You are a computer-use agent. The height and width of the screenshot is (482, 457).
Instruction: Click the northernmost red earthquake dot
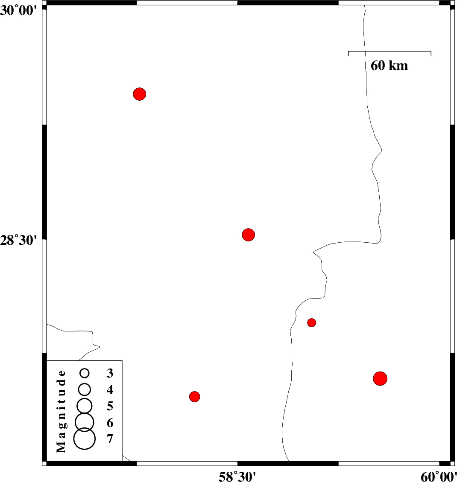(x=139, y=94)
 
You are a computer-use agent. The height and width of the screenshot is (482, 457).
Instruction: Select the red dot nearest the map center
(x=248, y=235)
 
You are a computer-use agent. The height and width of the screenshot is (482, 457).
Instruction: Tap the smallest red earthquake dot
(x=311, y=322)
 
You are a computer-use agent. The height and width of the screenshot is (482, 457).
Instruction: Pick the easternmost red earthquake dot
(x=380, y=378)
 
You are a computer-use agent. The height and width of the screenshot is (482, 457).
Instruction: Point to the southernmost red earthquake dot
(x=194, y=397)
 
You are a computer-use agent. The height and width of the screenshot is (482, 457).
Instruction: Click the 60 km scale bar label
(x=389, y=66)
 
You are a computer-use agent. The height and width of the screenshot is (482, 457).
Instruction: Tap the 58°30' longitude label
(x=237, y=476)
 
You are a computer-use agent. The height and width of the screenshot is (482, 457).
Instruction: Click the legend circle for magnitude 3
(x=84, y=373)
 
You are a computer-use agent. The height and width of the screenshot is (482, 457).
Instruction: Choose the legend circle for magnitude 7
(x=85, y=438)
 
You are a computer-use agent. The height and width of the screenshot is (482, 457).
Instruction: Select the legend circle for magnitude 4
(x=84, y=389)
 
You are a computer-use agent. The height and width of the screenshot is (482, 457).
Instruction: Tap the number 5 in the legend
(x=110, y=406)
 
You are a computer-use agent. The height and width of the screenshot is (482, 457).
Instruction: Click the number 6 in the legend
(x=110, y=423)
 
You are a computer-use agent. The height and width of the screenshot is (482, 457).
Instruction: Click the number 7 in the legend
(x=110, y=439)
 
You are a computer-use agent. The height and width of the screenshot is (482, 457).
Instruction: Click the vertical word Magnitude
(x=61, y=411)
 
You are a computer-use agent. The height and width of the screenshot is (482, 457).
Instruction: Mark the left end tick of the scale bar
(x=349, y=53)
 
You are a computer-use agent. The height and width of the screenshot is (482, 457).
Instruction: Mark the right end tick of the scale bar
(x=431, y=53)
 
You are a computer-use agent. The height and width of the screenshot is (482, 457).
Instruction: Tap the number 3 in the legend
(x=110, y=373)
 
